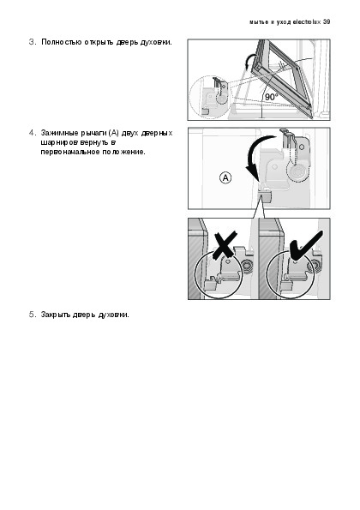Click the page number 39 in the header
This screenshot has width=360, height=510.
tap(327, 22)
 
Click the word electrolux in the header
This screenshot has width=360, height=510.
tap(307, 22)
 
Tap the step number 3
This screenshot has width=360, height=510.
tap(32, 42)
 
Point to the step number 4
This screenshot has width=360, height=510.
tap(32, 133)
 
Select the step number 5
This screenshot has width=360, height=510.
tap(32, 315)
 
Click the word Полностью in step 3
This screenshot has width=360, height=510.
tap(62, 42)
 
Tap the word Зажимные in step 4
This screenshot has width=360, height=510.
tap(60, 133)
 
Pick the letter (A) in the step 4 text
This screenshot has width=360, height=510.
tap(114, 133)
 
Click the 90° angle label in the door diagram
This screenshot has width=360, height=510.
tap(272, 97)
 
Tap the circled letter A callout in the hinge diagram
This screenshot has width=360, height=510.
tap(225, 178)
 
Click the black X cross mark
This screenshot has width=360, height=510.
tap(225, 245)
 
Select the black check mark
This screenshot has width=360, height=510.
tap(305, 246)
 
